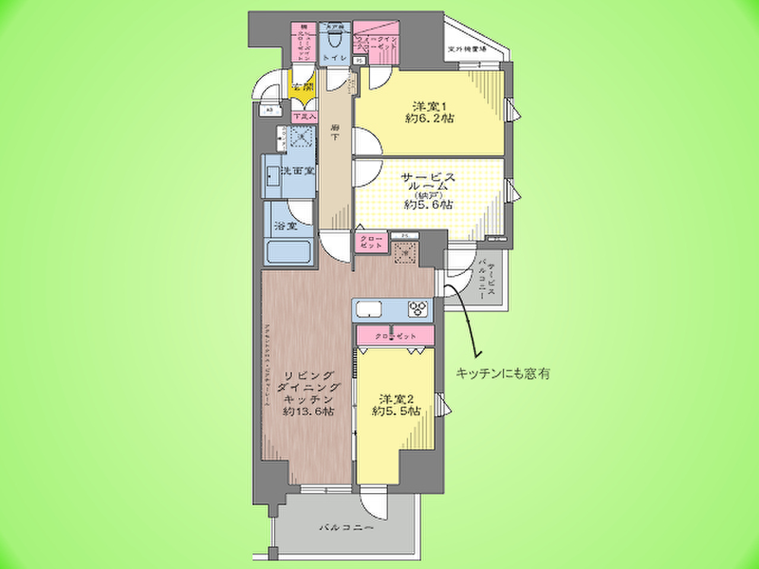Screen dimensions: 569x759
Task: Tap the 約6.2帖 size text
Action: click(x=430, y=119)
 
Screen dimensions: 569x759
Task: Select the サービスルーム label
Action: click(x=429, y=181)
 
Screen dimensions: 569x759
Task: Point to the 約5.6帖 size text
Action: click(x=429, y=204)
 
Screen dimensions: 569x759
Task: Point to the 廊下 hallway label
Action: click(x=336, y=133)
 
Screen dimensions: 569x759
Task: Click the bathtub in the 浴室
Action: click(x=289, y=252)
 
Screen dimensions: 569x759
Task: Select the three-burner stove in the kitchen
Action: click(x=417, y=309)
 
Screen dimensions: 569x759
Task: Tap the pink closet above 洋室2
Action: click(x=396, y=336)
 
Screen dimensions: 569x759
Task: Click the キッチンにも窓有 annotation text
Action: click(x=502, y=373)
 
